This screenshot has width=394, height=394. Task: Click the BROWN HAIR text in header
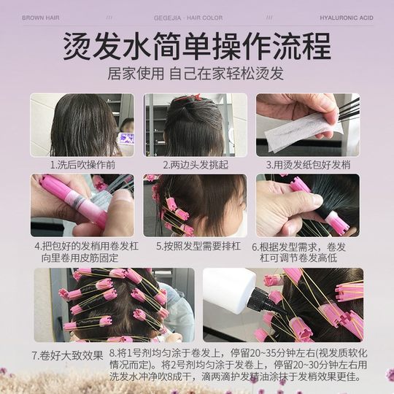(42, 16)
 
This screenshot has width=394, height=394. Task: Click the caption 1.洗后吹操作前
(82, 166)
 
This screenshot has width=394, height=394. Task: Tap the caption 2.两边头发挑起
(195, 166)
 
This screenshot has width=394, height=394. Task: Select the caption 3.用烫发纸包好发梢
(307, 166)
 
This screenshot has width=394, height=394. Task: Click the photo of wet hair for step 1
(82, 125)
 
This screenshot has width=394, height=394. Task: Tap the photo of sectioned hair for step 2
(195, 125)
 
